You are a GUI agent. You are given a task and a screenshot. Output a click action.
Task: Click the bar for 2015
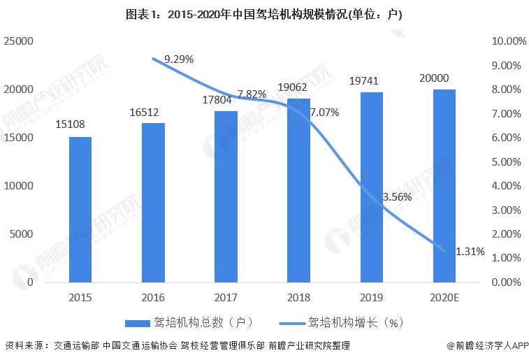point(80,210)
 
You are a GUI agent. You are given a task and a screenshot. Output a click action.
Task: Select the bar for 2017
point(226,196)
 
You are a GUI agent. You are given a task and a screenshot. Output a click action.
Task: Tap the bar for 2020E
point(444,186)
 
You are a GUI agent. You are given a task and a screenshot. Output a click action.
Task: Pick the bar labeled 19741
point(371,187)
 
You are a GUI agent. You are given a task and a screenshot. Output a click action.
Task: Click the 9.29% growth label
point(178,59)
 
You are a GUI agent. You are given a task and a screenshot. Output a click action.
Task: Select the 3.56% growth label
point(397,197)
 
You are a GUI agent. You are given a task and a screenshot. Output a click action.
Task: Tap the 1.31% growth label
point(470,252)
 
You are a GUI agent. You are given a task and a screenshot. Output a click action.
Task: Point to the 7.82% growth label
point(252,94)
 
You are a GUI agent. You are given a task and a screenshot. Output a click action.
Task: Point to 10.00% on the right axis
point(509,41)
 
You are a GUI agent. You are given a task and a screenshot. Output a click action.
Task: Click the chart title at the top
point(263,13)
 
